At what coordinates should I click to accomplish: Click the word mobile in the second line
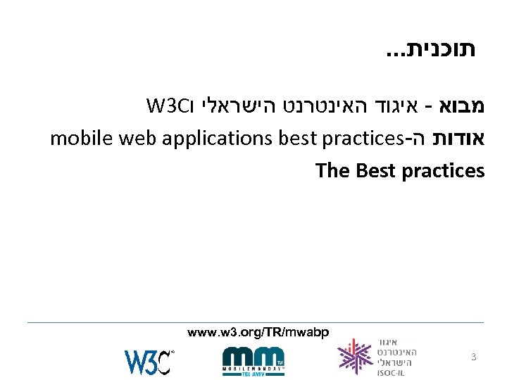(77, 139)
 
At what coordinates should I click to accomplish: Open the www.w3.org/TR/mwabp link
(258, 331)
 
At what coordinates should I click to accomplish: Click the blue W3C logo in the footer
(148, 360)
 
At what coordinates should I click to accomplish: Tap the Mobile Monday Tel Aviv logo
(254, 359)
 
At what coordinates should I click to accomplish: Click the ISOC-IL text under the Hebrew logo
(390, 373)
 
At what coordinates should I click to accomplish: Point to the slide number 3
(474, 357)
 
